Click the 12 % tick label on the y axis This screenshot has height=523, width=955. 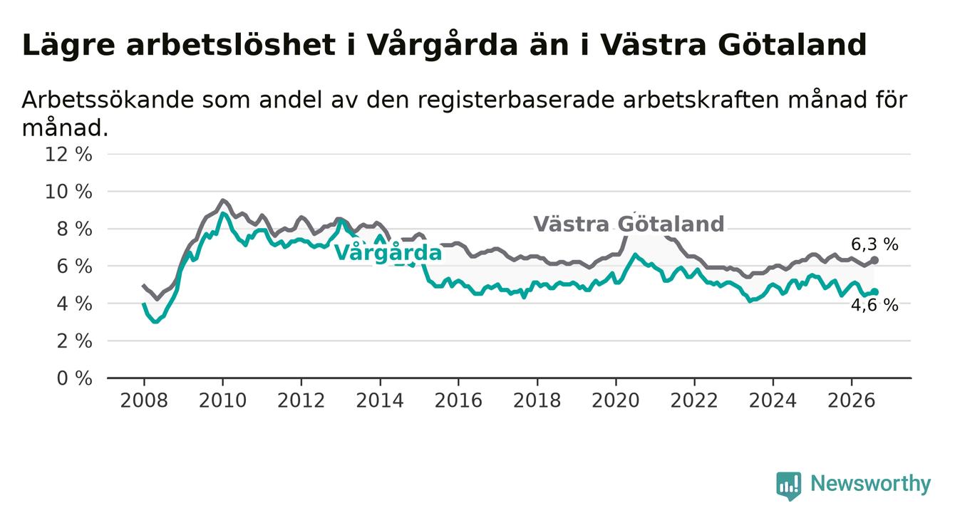[x=68, y=155]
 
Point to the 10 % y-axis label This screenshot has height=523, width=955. [x=68, y=192]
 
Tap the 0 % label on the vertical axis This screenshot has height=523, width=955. [x=75, y=378]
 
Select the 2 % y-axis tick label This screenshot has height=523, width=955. [x=75, y=341]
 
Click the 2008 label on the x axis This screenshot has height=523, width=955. [x=144, y=401]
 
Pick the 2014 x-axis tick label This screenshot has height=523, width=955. [x=380, y=401]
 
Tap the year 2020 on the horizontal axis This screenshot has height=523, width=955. [x=616, y=401]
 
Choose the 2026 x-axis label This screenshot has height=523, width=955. [x=852, y=401]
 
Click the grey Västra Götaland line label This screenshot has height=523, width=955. [x=629, y=224]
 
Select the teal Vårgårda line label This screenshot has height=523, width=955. [x=388, y=252]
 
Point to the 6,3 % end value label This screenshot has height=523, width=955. [x=875, y=244]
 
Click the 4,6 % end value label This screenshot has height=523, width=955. [x=875, y=306]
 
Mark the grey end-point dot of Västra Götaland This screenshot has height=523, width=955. [x=874, y=260]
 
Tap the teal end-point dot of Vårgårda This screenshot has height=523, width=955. [x=874, y=292]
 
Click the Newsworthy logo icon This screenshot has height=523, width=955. [x=789, y=486]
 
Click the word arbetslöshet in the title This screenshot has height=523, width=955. [x=231, y=45]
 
